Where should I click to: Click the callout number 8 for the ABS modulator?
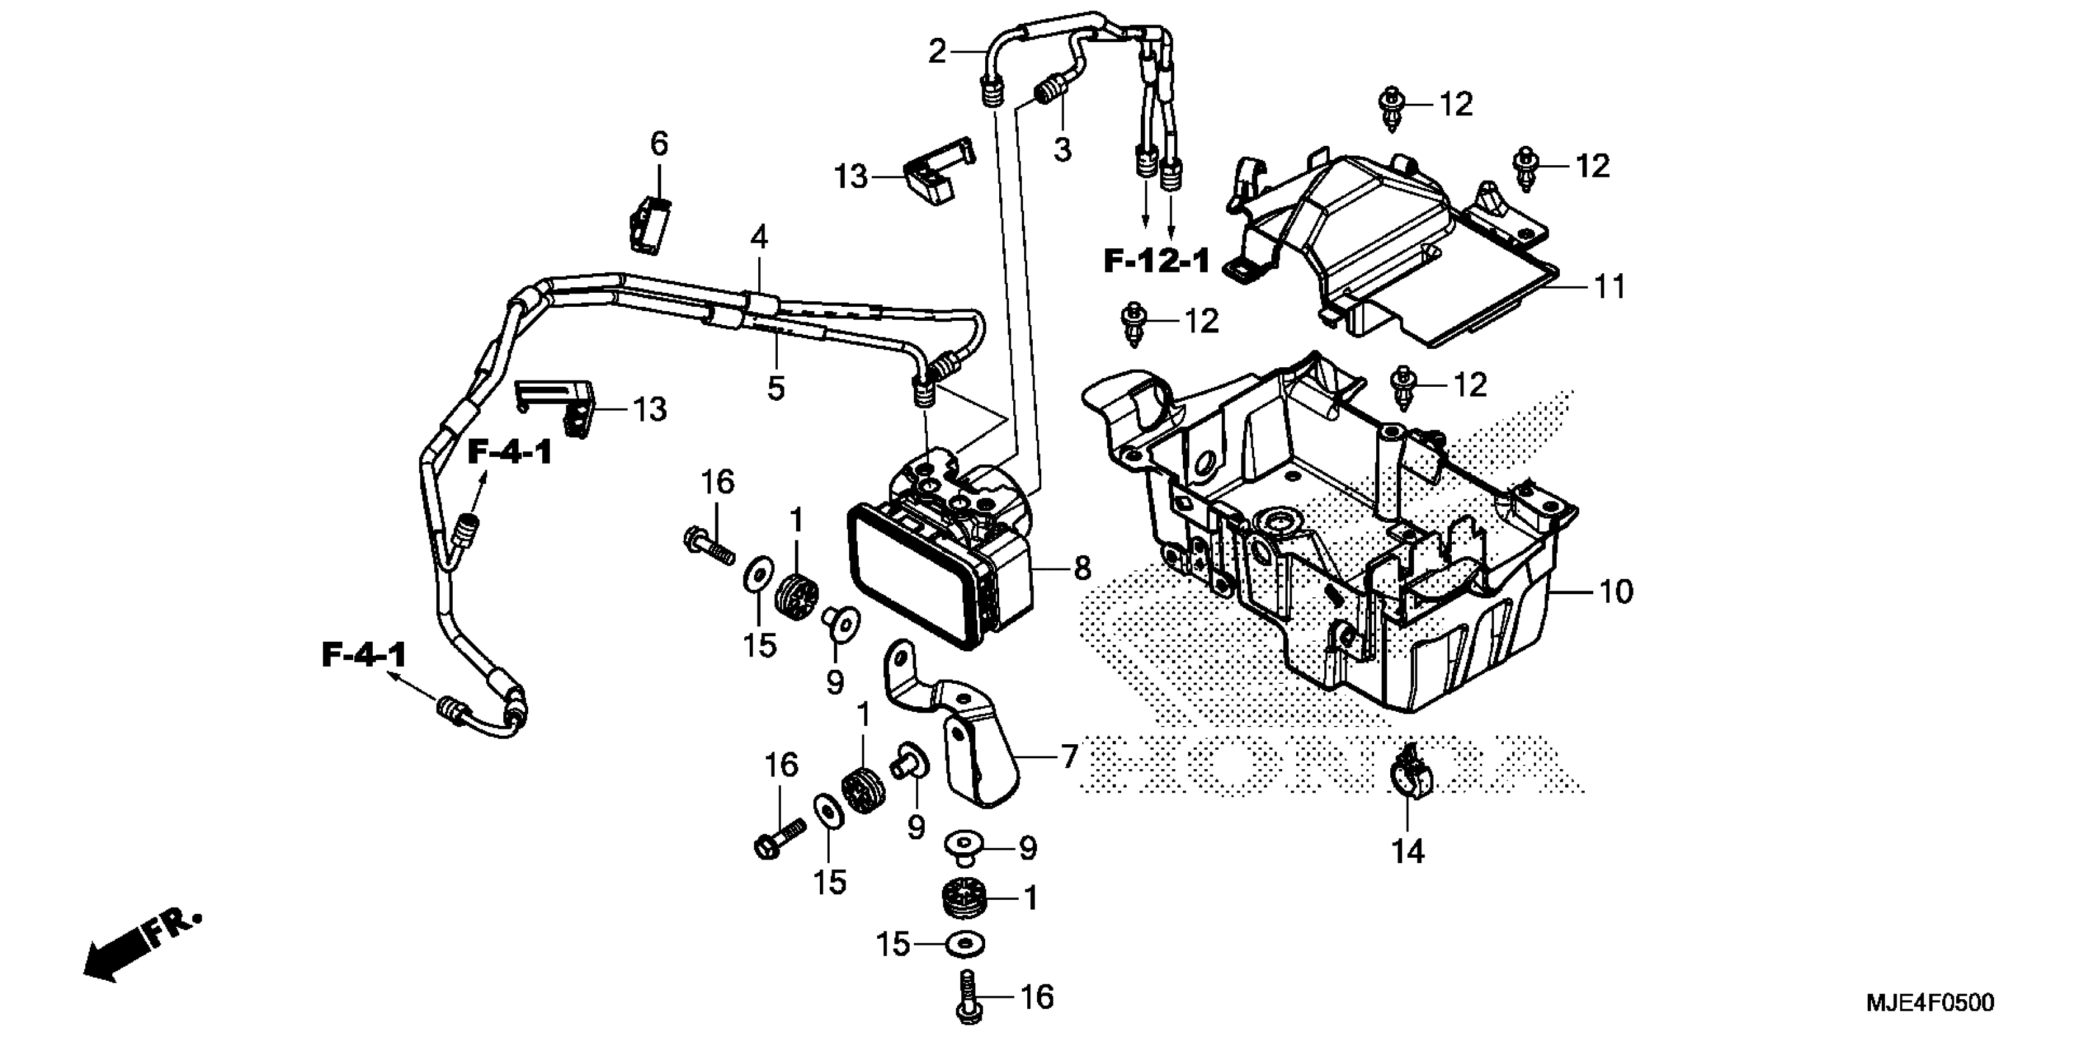(x=1082, y=569)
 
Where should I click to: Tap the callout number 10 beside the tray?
(x=1616, y=592)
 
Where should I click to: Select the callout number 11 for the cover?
(x=1610, y=287)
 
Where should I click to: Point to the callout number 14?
(x=1408, y=851)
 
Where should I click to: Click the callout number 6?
(x=659, y=145)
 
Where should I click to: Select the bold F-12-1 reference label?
(x=1156, y=261)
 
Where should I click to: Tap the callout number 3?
(x=1063, y=149)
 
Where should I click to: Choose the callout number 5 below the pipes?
(x=775, y=388)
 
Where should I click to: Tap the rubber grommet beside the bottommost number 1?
(x=964, y=897)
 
